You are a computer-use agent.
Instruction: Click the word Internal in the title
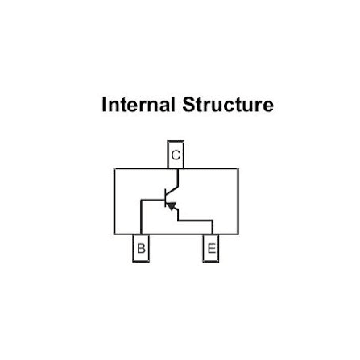(139, 105)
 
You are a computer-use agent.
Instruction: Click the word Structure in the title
(228, 105)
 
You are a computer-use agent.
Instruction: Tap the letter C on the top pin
(176, 155)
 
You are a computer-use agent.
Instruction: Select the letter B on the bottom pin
(141, 248)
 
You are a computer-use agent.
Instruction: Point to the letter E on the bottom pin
(211, 248)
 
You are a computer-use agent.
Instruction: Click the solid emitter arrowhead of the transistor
(172, 206)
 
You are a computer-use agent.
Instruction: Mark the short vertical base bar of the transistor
(165, 198)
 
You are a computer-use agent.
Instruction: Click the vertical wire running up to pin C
(178, 177)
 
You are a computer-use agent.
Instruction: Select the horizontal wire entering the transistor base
(153, 200)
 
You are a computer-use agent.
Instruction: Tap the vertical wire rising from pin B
(141, 217)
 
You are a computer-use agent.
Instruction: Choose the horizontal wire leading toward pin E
(195, 221)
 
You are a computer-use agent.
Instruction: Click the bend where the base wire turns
(141, 200)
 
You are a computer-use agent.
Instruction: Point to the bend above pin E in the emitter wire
(212, 221)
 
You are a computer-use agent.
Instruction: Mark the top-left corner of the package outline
(114, 168)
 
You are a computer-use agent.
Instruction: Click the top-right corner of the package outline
(238, 168)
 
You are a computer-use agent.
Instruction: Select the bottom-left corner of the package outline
(114, 234)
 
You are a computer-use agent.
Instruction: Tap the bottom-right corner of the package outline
(238, 234)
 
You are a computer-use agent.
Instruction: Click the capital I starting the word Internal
(104, 105)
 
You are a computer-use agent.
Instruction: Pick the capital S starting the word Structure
(188, 105)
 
